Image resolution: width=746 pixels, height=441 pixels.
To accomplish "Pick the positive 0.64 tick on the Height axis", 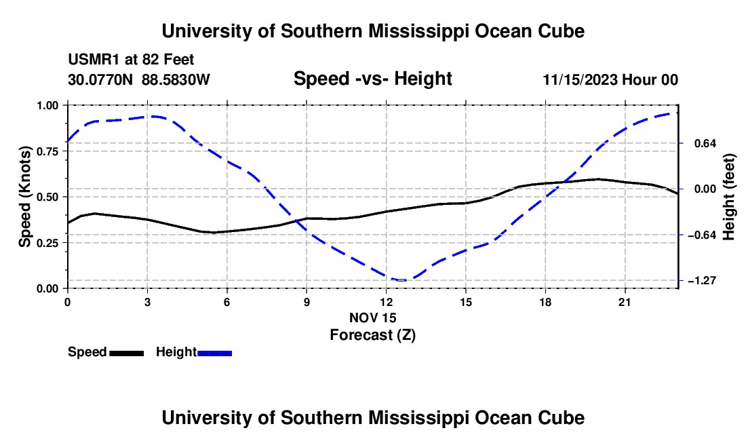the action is pyautogui.click(x=705, y=143).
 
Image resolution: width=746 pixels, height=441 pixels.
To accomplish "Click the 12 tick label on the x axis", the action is pyautogui.click(x=387, y=302).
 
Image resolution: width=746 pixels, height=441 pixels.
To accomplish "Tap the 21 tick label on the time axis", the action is pyautogui.click(x=625, y=302).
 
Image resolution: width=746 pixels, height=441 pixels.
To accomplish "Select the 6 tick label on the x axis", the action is pyautogui.click(x=227, y=302).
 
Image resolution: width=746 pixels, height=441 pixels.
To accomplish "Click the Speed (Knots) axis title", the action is pyautogui.click(x=24, y=197).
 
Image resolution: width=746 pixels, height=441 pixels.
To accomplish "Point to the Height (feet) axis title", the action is pyautogui.click(x=729, y=197).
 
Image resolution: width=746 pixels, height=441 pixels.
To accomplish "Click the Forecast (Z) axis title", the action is pyautogui.click(x=373, y=335).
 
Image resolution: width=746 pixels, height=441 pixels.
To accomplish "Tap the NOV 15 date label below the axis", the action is pyautogui.click(x=373, y=318).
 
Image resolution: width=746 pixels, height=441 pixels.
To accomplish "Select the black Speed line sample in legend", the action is pyautogui.click(x=127, y=353).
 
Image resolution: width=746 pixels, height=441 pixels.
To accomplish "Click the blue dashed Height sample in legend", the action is pyautogui.click(x=214, y=353).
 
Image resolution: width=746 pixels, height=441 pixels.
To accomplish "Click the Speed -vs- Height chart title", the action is pyautogui.click(x=373, y=79).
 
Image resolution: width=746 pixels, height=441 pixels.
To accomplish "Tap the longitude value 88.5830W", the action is pyautogui.click(x=176, y=79).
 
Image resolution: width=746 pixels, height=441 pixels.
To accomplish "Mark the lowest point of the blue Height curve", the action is pyautogui.click(x=401, y=280).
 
